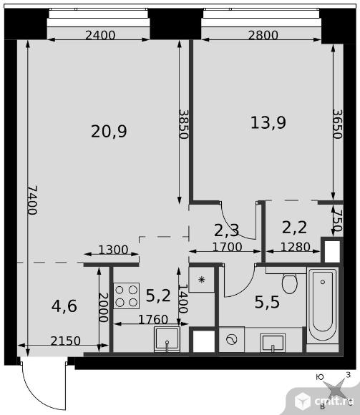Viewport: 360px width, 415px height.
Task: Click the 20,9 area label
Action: click(x=109, y=132)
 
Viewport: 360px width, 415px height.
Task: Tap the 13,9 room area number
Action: click(x=268, y=123)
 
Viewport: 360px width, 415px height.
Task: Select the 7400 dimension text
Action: click(x=33, y=200)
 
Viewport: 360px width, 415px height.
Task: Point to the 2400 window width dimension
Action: click(x=100, y=35)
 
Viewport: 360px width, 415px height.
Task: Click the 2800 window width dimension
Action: click(x=263, y=35)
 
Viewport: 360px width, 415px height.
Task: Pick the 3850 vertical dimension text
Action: click(x=183, y=124)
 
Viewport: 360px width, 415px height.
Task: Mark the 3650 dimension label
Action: click(x=338, y=124)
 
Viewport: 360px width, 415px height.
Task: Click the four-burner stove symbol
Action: click(x=127, y=296)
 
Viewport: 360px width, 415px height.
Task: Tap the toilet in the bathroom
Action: click(x=290, y=283)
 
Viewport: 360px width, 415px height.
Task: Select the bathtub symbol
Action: click(x=323, y=306)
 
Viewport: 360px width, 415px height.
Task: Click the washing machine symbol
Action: click(x=232, y=339)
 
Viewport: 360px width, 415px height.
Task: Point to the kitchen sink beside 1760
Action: click(x=167, y=340)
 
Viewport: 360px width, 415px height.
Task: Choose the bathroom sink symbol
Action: click(x=273, y=343)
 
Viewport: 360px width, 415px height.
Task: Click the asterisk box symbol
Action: click(x=202, y=280)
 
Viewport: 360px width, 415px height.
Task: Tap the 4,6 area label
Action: click(x=64, y=306)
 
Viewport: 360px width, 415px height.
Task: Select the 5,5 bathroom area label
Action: click(x=267, y=302)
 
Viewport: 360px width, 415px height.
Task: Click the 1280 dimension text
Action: click(x=295, y=247)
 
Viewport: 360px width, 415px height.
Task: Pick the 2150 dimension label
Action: click(x=65, y=341)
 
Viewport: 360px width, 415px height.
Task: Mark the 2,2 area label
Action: click(x=294, y=228)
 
